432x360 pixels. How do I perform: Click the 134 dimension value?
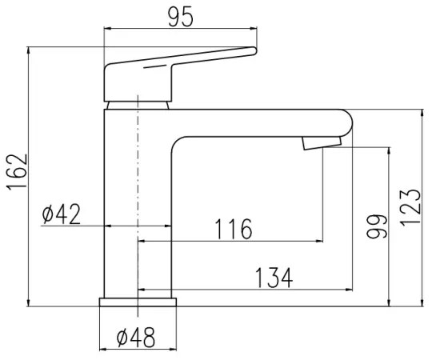[x=274, y=278]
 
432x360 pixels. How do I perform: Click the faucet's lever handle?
[x=176, y=68]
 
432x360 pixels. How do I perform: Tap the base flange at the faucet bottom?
[x=138, y=302]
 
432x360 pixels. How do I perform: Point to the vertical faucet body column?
[x=120, y=208]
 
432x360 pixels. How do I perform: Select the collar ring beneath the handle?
[x=138, y=103]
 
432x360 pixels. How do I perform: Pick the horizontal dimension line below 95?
[x=182, y=30]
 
